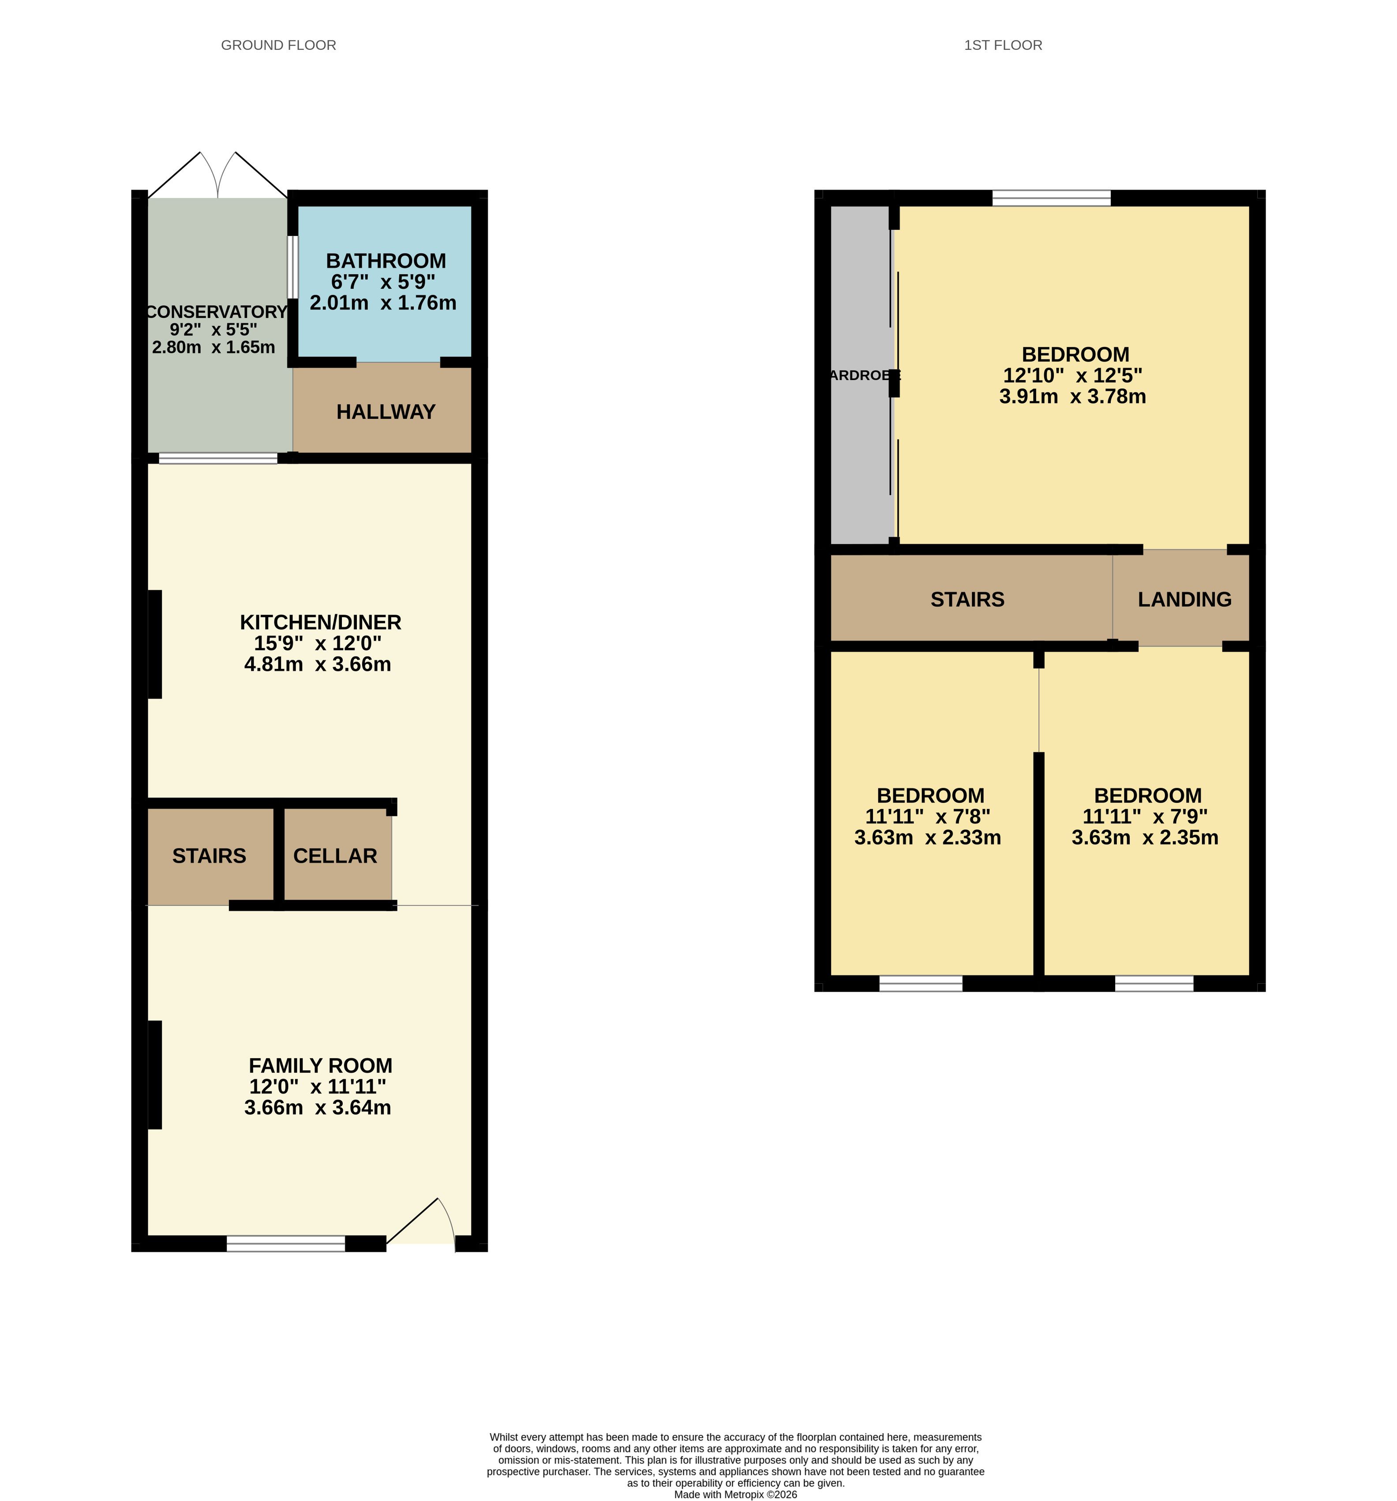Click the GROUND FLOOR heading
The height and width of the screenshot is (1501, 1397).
[278, 45]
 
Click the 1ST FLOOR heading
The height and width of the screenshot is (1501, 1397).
[1003, 45]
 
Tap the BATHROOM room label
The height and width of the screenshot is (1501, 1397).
[386, 261]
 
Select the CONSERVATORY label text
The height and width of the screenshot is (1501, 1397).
[217, 312]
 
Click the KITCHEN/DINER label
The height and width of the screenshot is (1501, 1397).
[320, 622]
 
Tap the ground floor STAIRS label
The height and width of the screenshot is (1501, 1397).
[209, 855]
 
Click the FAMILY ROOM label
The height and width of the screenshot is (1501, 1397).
[320, 1065]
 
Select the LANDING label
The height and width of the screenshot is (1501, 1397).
[1184, 600]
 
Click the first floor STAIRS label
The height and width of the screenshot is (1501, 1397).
[967, 600]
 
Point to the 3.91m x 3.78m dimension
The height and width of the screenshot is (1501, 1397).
[1072, 396]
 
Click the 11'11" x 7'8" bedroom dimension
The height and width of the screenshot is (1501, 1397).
[927, 816]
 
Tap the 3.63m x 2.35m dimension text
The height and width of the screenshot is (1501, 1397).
[1145, 837]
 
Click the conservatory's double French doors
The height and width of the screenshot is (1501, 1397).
[217, 175]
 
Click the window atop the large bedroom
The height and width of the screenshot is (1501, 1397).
[1051, 198]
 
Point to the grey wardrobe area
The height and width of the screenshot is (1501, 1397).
[861, 374]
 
